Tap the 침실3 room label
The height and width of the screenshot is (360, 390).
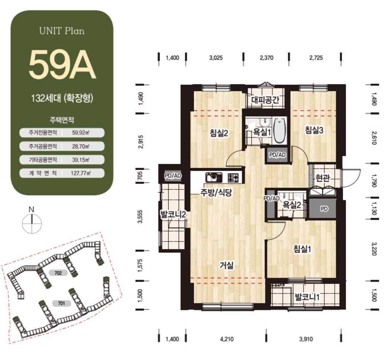(314, 130)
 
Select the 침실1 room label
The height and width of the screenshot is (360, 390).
(302, 249)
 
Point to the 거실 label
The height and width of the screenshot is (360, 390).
(227, 265)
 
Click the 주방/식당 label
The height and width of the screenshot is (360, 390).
(216, 192)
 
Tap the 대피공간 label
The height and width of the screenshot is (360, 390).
(265, 100)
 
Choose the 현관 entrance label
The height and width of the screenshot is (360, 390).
(323, 178)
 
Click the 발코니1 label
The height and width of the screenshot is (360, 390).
(307, 296)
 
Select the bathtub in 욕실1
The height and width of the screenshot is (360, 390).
(280, 131)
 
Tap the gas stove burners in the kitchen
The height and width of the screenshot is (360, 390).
(233, 177)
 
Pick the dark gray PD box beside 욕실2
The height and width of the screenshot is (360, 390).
(323, 209)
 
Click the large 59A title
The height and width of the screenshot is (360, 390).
(62, 64)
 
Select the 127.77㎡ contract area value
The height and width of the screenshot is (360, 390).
(81, 173)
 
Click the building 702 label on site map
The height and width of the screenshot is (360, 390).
(58, 273)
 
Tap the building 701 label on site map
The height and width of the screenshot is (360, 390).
(61, 303)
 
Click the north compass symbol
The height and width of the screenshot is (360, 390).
(32, 224)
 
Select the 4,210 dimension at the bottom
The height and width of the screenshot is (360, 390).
(227, 339)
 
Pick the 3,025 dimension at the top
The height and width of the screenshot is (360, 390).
(216, 58)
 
